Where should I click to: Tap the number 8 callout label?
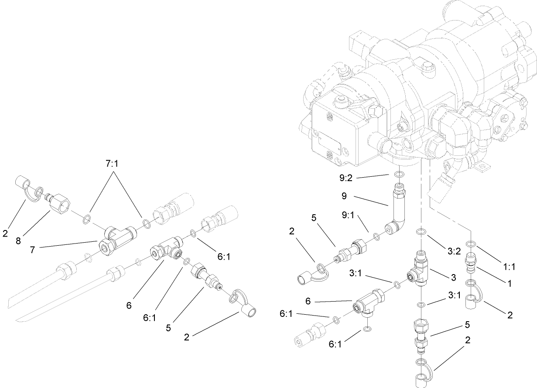(x=18, y=240)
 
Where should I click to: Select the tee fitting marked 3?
(x=420, y=272)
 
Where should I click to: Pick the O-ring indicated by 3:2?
(x=421, y=232)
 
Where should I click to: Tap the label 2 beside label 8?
(x=5, y=234)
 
